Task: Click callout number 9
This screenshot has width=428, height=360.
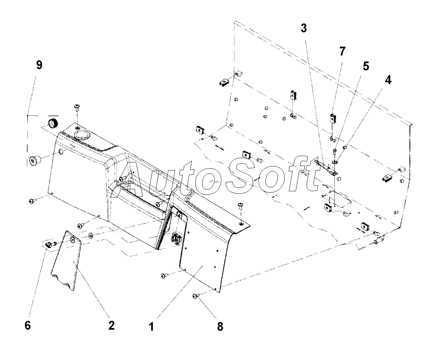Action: click(x=39, y=66)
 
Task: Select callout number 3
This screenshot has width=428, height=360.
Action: click(x=303, y=29)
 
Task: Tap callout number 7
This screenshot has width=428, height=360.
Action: click(x=342, y=52)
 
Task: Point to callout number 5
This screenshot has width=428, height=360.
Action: click(x=366, y=66)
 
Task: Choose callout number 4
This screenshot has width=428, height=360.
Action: click(x=388, y=80)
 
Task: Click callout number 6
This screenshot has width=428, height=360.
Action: click(x=27, y=326)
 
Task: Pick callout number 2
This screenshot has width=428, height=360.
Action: click(x=111, y=326)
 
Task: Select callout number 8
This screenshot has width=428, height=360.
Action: click(x=220, y=326)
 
